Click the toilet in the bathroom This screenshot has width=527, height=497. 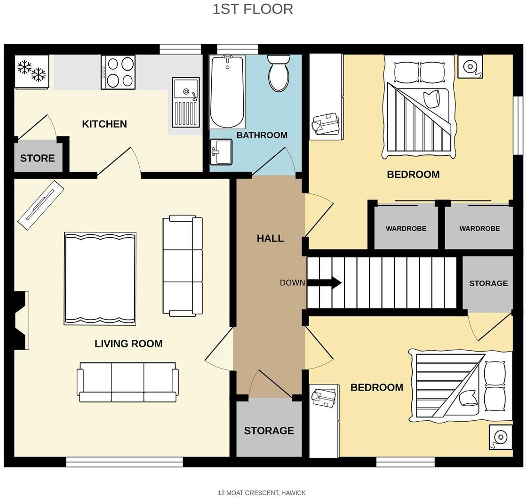click(x=279, y=74)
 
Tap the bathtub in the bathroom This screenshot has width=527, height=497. click(x=227, y=92)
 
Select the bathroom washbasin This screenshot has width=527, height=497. click(x=221, y=152)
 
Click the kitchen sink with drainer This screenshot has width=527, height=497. click(x=185, y=102)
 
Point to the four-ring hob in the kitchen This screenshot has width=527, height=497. click(x=118, y=72)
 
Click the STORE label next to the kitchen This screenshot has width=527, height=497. click(x=37, y=158)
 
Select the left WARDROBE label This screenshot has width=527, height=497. click(x=406, y=228)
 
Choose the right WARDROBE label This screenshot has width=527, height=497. click(x=479, y=228)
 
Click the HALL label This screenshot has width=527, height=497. click(x=270, y=239)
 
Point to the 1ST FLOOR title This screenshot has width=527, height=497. click(x=253, y=9)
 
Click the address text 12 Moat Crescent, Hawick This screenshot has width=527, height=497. click(x=262, y=493)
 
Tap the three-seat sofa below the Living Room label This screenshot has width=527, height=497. click(x=128, y=382)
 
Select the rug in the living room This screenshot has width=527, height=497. click(x=100, y=279)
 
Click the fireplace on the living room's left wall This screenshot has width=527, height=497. click(x=21, y=320)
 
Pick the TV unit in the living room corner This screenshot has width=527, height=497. click(x=40, y=205)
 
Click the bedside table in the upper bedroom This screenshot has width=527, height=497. click(x=470, y=66)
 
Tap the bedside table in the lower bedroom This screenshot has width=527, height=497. click(x=500, y=437)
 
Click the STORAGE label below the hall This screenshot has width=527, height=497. click(x=269, y=431)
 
